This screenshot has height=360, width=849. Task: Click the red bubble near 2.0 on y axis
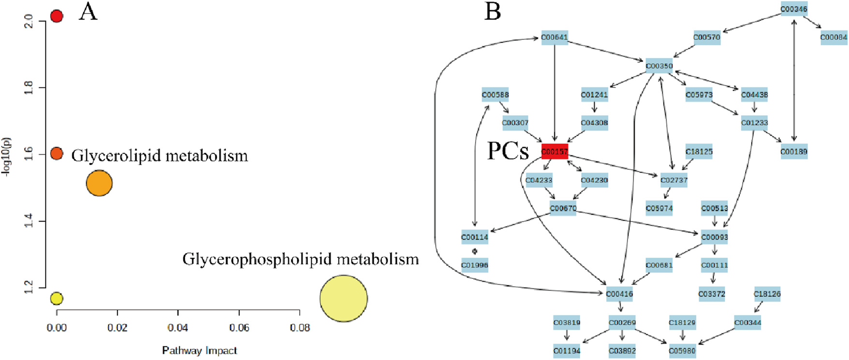[x=57, y=16]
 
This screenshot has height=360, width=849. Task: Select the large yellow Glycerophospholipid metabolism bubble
[x=343, y=298]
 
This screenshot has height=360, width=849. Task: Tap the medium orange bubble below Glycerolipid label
[x=99, y=183]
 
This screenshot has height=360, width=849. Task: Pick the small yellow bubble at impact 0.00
[x=57, y=299]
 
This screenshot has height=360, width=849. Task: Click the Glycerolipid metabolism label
[x=160, y=156]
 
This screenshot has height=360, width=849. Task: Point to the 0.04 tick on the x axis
[x=178, y=328]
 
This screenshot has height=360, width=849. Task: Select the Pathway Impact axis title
[x=199, y=350]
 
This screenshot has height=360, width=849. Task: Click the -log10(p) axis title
[x=7, y=158]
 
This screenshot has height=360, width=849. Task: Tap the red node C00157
[x=555, y=152]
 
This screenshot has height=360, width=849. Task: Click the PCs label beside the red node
[x=508, y=151]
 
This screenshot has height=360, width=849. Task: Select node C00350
[x=659, y=66]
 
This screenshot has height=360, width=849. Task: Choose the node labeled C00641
[x=554, y=37]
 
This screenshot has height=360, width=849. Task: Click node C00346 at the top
[x=793, y=9]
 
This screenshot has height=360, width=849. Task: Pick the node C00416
[x=619, y=294]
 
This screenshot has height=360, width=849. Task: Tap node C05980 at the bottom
[x=682, y=351]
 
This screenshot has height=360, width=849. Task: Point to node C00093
[x=714, y=237]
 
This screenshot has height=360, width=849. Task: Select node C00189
[x=793, y=152]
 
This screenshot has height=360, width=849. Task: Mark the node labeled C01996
[x=474, y=265]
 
